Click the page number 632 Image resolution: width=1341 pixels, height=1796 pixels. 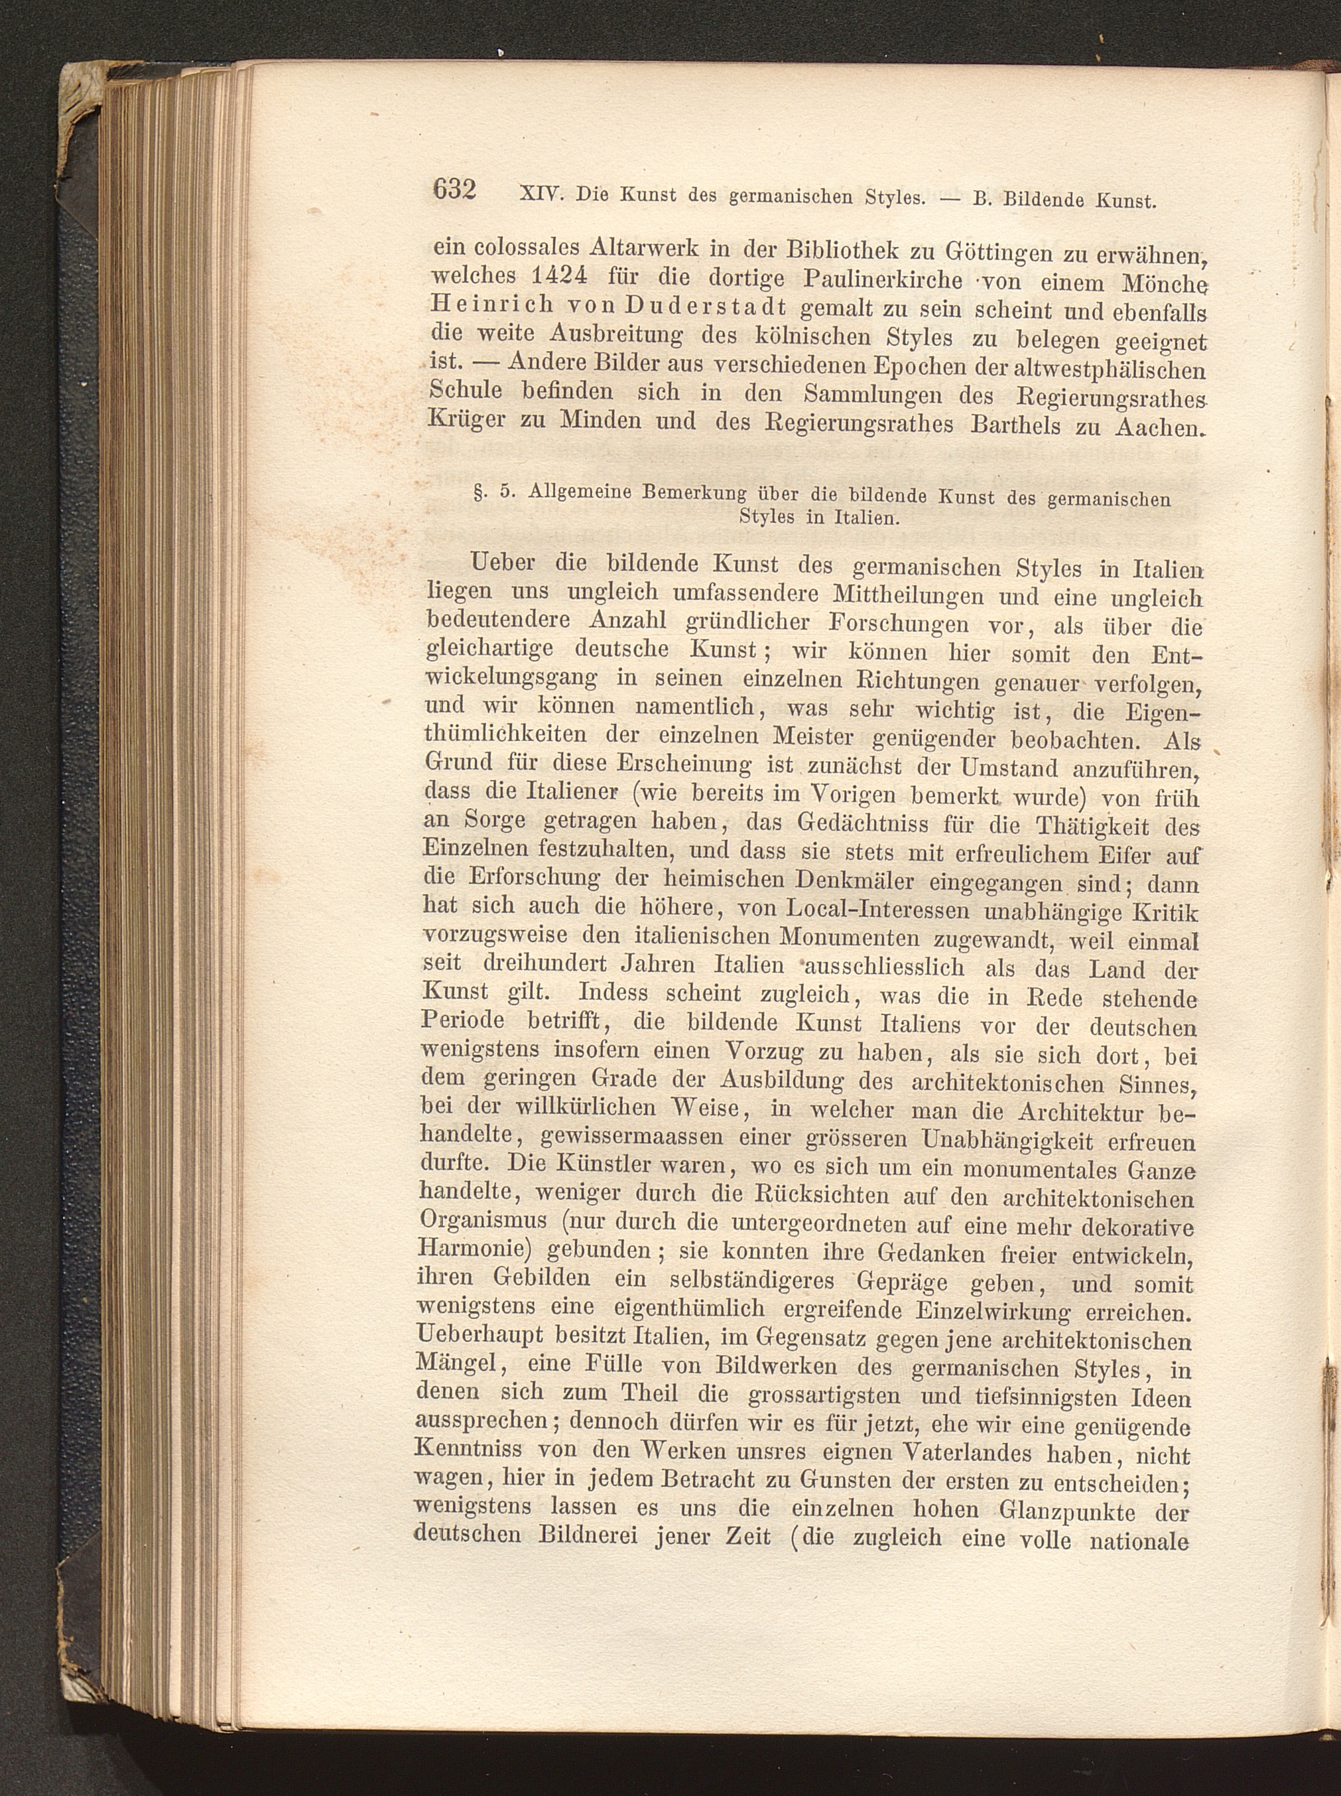[453, 189]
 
